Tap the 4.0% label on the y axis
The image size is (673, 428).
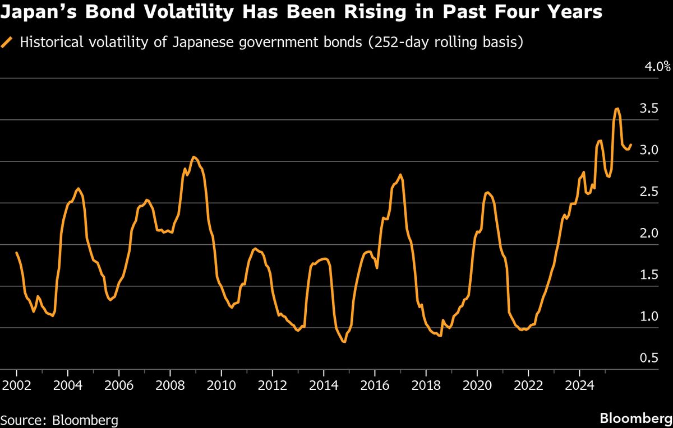658,67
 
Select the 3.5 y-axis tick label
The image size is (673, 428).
649,109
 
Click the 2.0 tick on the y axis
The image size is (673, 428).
649,234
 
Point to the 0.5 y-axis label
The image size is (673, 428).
649,358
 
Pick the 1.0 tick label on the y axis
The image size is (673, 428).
649,317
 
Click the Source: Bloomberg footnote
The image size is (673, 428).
59,420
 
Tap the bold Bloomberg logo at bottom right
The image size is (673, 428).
634,418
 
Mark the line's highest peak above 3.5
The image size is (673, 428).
617,109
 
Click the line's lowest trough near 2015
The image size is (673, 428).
344,342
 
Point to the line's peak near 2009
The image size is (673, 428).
193,157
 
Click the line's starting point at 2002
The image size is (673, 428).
17,253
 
